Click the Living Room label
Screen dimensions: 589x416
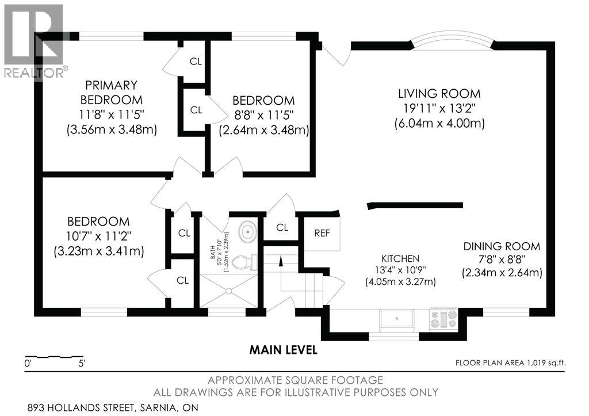click(x=439, y=94)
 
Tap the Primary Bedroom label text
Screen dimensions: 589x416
click(x=111, y=93)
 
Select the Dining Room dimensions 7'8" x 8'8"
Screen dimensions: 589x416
click(x=502, y=259)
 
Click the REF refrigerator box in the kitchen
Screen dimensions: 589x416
click(x=322, y=233)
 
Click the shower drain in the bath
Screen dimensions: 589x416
click(x=228, y=291)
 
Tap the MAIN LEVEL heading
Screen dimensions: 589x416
click(x=283, y=350)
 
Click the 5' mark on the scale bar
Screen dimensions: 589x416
click(x=82, y=364)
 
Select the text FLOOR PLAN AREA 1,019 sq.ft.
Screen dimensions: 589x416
click(x=511, y=363)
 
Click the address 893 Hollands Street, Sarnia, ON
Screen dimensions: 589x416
click(x=113, y=408)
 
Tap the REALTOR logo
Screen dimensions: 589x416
click(x=34, y=41)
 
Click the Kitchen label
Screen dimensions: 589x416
click(x=400, y=258)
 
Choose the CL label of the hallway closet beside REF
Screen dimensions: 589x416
click(x=282, y=227)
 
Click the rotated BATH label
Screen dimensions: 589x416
click(x=212, y=249)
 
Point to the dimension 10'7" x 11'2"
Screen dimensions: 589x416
click(x=98, y=236)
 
